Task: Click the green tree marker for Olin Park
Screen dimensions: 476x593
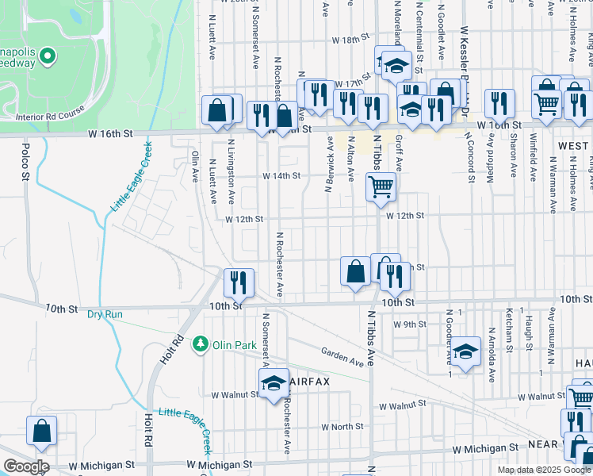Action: click(202, 344)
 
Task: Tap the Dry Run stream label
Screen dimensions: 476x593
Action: click(105, 314)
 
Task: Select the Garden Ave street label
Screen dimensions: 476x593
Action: click(342, 356)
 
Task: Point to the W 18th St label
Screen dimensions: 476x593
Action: click(351, 39)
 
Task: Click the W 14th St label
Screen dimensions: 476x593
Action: click(281, 175)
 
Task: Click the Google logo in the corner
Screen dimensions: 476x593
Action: click(25, 466)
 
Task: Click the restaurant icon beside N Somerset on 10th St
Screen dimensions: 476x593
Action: click(238, 281)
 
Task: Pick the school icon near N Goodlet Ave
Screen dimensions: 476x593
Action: click(466, 349)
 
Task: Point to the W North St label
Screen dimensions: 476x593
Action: click(342, 427)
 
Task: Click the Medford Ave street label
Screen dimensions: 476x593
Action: click(492, 160)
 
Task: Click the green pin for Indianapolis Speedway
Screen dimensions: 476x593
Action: click(48, 56)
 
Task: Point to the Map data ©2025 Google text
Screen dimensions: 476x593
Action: click(544, 470)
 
